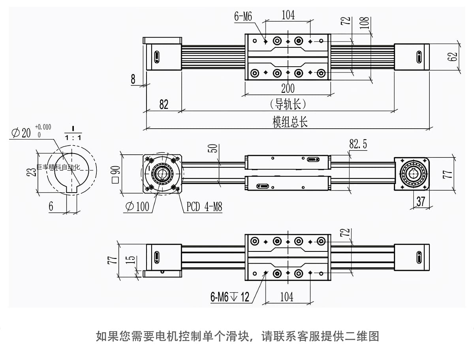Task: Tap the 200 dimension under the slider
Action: (288, 88)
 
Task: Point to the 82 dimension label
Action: (164, 104)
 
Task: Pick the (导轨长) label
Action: (288, 104)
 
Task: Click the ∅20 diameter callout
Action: (21, 133)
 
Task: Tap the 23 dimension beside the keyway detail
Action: (33, 171)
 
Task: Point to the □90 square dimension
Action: (116, 174)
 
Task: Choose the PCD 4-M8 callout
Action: (204, 206)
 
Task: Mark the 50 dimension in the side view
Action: (213, 148)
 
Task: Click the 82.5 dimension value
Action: (358, 144)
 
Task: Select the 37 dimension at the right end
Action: (421, 201)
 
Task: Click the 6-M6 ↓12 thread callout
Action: (230, 297)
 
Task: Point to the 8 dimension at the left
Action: (133, 79)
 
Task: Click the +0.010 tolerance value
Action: (43, 127)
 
